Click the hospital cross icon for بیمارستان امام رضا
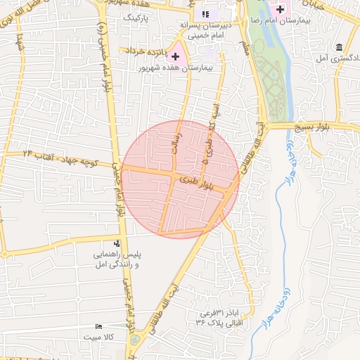point(281,10)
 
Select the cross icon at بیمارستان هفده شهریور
point(175,56)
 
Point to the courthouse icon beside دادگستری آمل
point(340,47)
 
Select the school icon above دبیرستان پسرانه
point(205,14)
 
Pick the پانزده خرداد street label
point(146,51)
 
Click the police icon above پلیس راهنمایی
point(117,243)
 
